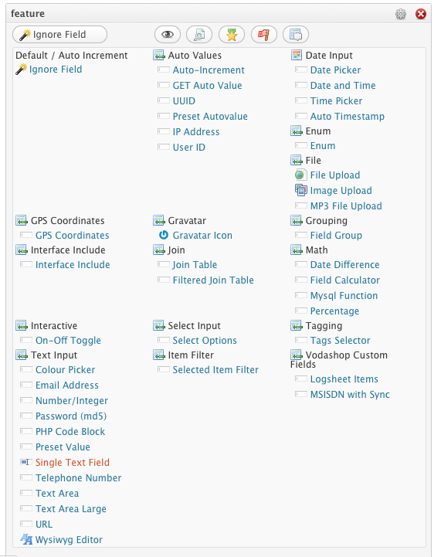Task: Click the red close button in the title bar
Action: [x=421, y=14]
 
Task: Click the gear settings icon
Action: [x=401, y=14]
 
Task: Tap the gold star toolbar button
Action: [x=232, y=35]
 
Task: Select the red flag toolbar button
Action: [x=264, y=35]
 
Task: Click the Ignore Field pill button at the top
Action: [x=59, y=35]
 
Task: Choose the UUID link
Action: [x=184, y=101]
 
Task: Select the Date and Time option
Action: [x=343, y=85]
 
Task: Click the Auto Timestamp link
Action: [x=348, y=116]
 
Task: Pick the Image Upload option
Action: [x=341, y=191]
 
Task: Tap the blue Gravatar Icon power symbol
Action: [x=163, y=235]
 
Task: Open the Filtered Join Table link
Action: [x=213, y=280]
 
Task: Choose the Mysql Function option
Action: [x=344, y=296]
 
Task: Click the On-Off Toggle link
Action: [x=68, y=341]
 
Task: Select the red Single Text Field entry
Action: [x=73, y=462]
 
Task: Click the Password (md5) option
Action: [x=71, y=416]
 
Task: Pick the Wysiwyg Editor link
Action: [x=69, y=539]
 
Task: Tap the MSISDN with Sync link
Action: [x=350, y=394]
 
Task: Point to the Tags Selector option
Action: [x=340, y=341]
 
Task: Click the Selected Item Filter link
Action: [x=215, y=370]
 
